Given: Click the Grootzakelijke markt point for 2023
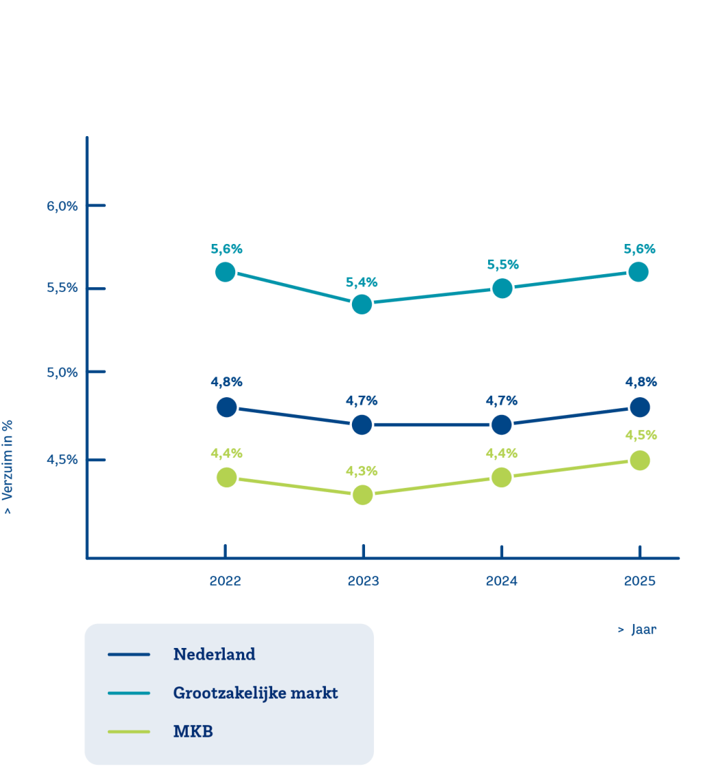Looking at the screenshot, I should point(362,304).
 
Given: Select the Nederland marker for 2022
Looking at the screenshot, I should point(225,407).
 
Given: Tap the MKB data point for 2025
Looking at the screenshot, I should point(639,460).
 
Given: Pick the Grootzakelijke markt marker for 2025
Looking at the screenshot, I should point(639,272).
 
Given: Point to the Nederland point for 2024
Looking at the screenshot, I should point(502,425).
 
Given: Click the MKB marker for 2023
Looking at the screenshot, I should point(362,494).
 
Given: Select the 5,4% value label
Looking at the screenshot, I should point(362,282).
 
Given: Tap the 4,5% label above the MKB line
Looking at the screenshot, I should point(641,435).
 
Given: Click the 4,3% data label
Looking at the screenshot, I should point(362,471).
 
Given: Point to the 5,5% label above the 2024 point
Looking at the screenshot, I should point(503,265).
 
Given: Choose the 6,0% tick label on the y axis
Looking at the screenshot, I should point(63,206).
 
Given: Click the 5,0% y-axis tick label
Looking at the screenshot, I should point(63,372).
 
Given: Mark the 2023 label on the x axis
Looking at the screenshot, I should point(363,581).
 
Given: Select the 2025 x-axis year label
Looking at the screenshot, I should point(639,581).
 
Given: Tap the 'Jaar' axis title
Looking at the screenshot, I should point(643,629).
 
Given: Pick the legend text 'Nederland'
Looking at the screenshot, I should point(214,654).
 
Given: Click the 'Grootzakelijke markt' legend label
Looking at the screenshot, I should point(255,693).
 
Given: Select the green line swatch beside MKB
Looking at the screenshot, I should point(129,731).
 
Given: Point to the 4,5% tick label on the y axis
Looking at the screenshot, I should point(63,460).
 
